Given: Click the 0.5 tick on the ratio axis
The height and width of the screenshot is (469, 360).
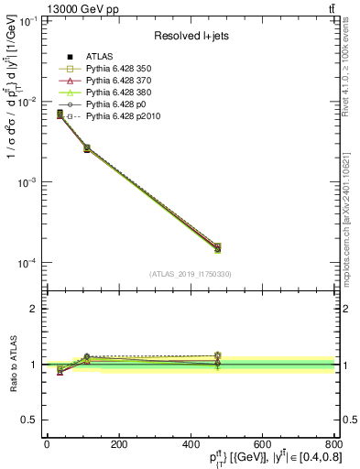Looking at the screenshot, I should click(x=33, y=420).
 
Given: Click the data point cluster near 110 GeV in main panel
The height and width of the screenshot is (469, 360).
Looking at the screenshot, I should click(x=86, y=147).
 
